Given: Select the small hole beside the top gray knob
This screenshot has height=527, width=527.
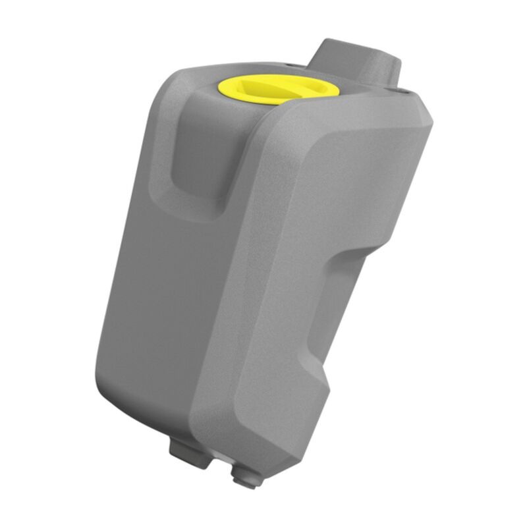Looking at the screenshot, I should (x=404, y=92).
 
